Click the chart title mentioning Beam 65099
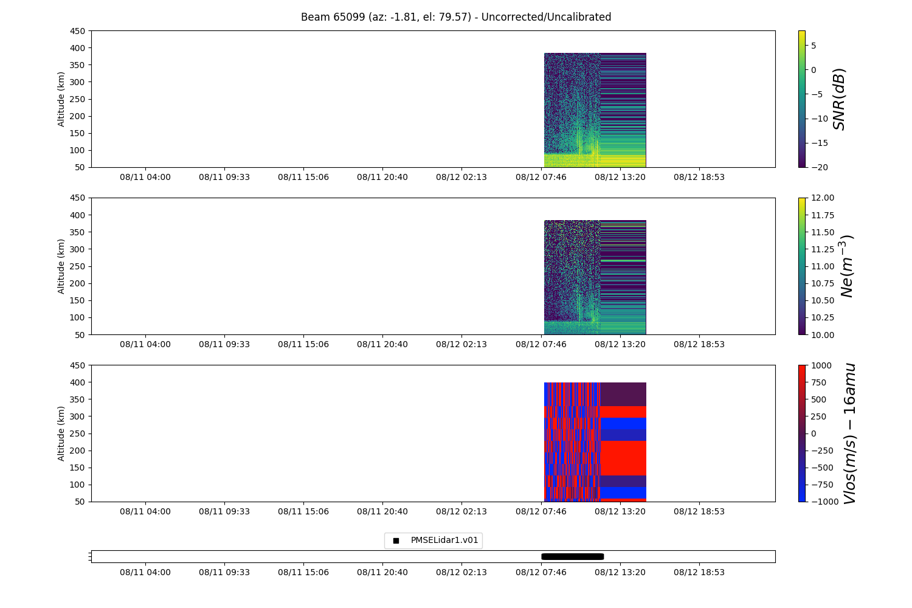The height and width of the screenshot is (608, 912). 456,17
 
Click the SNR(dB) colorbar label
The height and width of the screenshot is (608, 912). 839,99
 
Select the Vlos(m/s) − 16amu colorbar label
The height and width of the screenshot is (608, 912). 849,434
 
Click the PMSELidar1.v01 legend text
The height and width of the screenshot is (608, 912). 444,540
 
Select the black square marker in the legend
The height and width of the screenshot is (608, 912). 396,541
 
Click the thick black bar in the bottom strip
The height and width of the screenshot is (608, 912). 572,556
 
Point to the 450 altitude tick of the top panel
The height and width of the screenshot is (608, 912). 80,31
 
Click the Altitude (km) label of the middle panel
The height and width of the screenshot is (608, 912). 61,266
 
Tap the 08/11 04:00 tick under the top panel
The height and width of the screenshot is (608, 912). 145,177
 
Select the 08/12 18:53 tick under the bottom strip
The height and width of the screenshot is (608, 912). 699,572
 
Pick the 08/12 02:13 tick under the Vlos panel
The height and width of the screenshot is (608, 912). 461,511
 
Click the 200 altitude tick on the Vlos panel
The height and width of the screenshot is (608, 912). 80,451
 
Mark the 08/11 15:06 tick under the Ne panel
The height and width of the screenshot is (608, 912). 303,344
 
